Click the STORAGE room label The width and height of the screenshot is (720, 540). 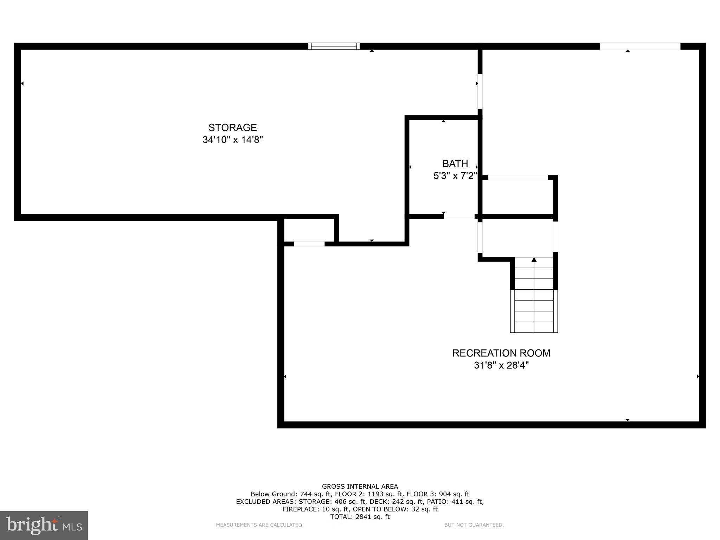pos(232,127)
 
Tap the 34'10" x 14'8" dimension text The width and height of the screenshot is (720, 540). pos(232,140)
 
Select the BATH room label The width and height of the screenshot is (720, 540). pos(455,163)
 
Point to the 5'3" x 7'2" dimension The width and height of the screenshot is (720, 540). pos(455,176)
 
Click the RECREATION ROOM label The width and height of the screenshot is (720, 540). pos(501,353)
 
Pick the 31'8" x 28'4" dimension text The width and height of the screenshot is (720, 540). pos(501,365)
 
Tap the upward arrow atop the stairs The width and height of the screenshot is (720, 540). pos(534,260)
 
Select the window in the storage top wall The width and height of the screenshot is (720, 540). pos(334,46)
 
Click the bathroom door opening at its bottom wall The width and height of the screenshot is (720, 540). pos(459,216)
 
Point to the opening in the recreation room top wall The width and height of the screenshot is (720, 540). pos(640,46)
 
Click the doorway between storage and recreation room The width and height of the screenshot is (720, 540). pos(480,91)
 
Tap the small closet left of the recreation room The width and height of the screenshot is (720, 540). pos(309,230)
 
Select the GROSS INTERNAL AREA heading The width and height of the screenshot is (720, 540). pos(360,487)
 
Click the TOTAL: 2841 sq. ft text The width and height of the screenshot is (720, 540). pos(360,517)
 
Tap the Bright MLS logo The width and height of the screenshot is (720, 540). pos(44,525)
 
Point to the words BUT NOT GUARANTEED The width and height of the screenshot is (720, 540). pos(474,525)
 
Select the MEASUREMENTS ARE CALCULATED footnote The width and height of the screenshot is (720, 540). pos(259,525)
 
